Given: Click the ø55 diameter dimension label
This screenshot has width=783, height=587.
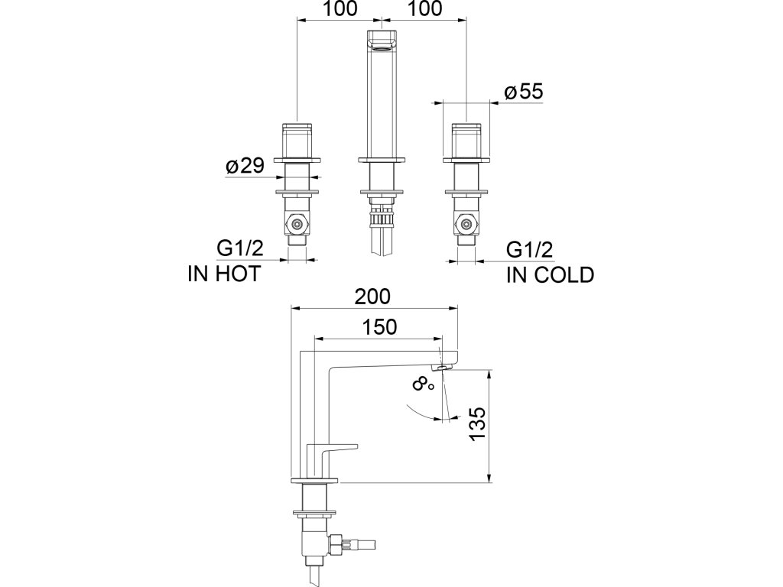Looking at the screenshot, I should click(x=524, y=92).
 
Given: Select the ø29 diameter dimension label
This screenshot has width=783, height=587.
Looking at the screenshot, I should click(x=245, y=167).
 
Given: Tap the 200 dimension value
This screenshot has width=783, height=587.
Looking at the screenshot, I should click(x=372, y=296).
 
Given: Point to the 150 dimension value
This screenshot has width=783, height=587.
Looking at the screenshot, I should click(x=380, y=327).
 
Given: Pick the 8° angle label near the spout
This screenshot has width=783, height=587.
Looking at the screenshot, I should click(x=423, y=383).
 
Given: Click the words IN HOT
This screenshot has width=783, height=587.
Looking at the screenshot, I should click(x=223, y=274).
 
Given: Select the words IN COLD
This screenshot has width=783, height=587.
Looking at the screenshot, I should click(x=550, y=275).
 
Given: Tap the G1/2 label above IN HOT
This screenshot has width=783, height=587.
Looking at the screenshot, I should click(x=239, y=249).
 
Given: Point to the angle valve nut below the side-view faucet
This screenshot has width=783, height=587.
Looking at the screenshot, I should click(x=336, y=543).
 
